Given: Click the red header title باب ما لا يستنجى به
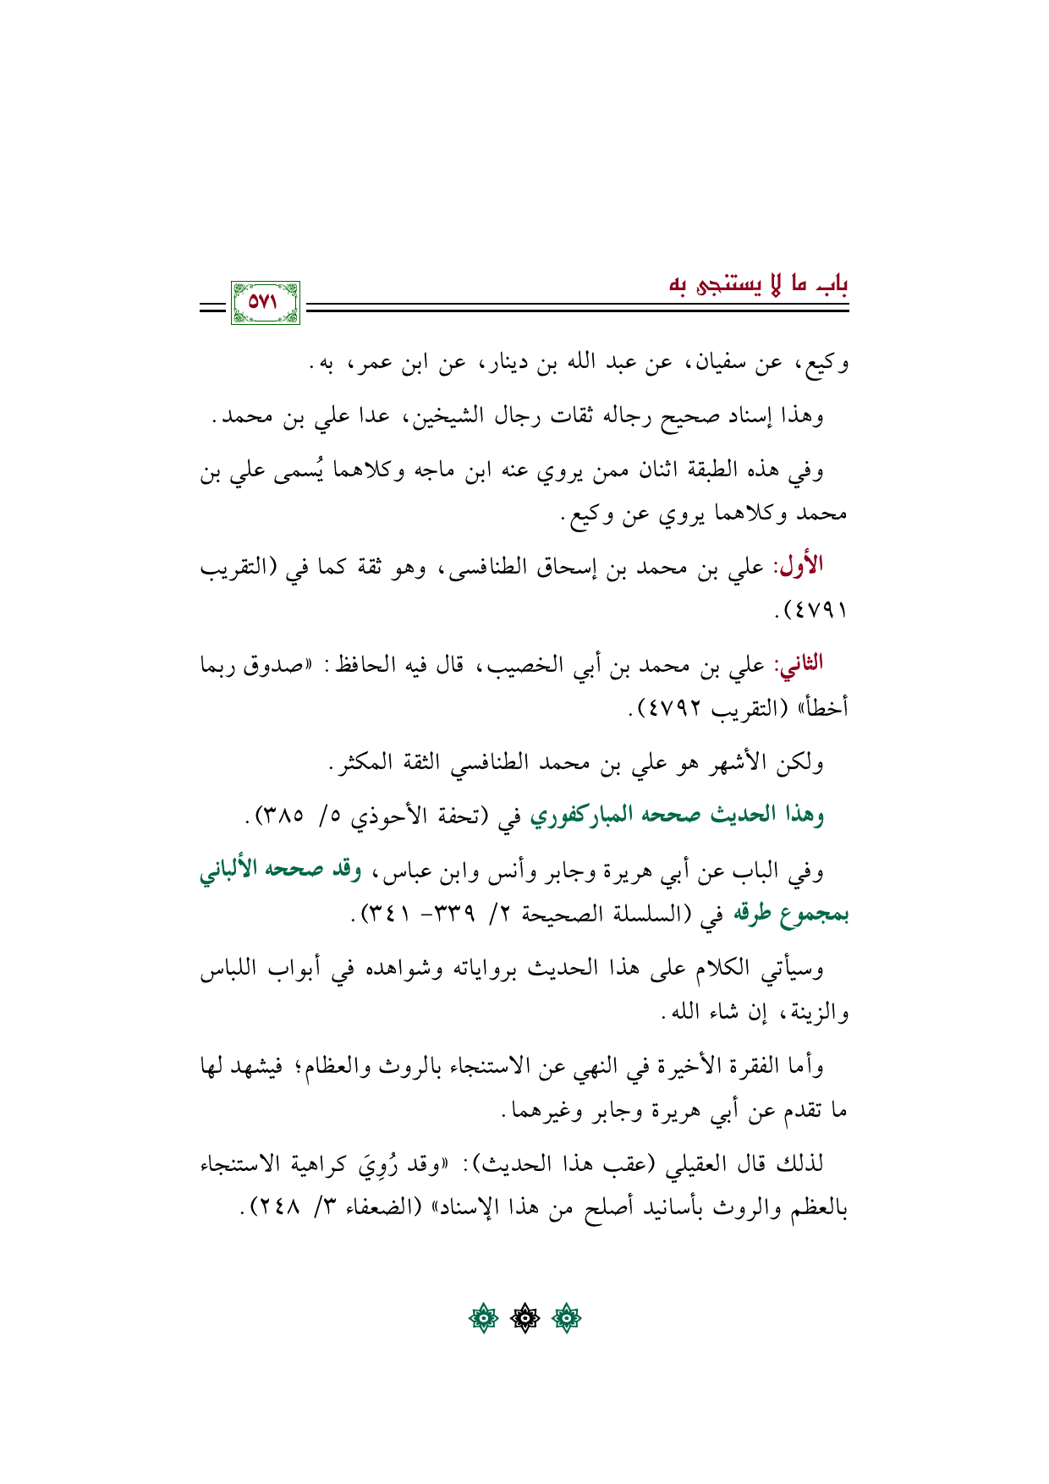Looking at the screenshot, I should coord(759,284).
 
